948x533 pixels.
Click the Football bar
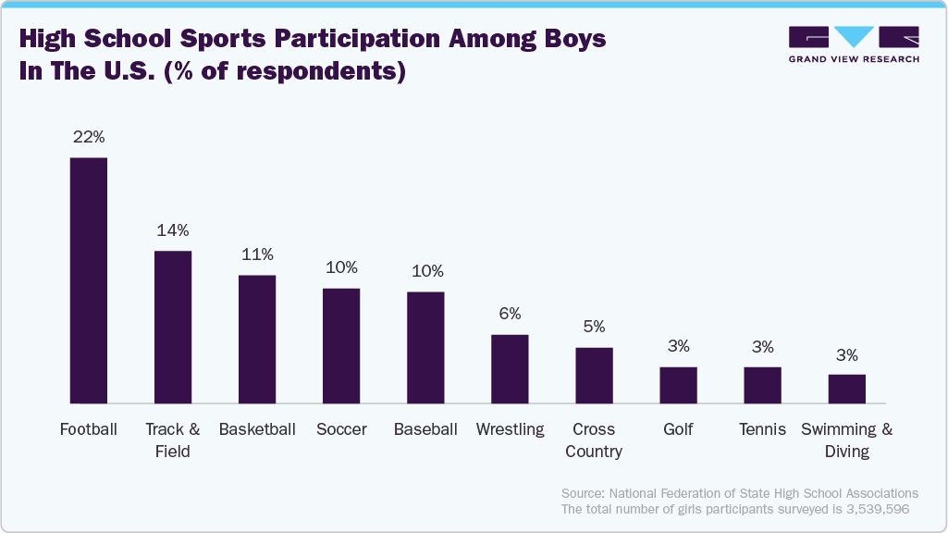(x=89, y=280)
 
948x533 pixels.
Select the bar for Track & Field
(x=173, y=327)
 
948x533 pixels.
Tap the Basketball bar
(x=257, y=339)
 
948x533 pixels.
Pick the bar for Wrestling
(x=510, y=368)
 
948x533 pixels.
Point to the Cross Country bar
(x=594, y=375)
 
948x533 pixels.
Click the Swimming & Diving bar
(x=846, y=389)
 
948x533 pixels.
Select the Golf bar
(x=678, y=385)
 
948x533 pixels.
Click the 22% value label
(x=89, y=137)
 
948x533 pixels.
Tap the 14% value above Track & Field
(x=173, y=230)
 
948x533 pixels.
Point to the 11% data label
(x=257, y=254)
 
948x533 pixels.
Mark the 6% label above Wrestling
(x=510, y=314)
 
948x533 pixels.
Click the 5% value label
(x=594, y=327)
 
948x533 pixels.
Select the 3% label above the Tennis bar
(x=762, y=346)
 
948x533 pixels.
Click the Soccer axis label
(x=341, y=429)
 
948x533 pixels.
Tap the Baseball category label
(x=425, y=429)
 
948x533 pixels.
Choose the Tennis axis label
(x=762, y=429)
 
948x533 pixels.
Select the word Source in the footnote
(x=584, y=493)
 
